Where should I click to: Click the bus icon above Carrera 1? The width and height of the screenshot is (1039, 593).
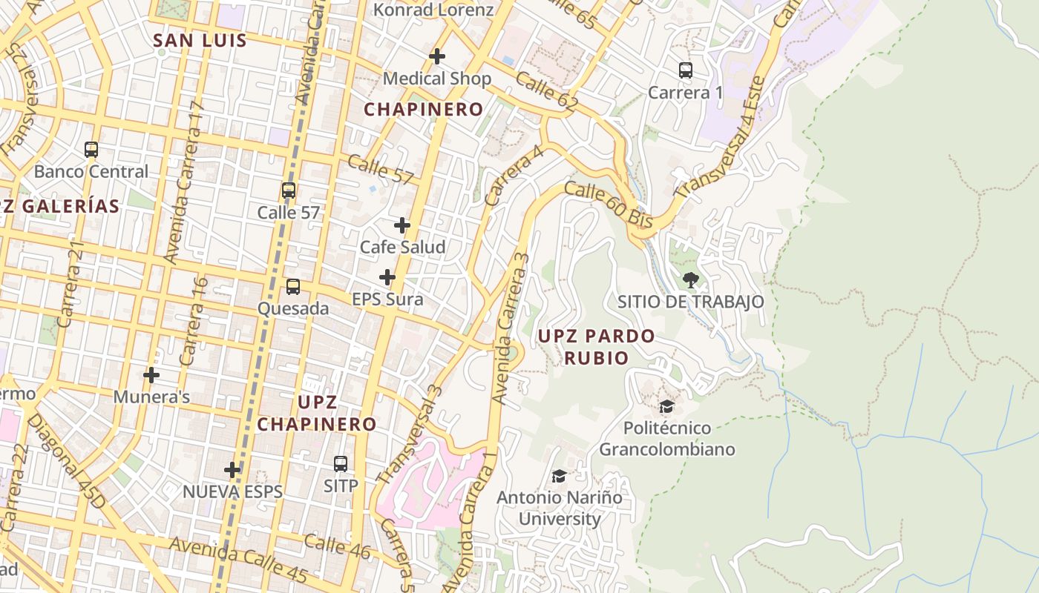(686, 70)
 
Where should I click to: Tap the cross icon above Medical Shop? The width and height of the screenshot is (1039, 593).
(437, 56)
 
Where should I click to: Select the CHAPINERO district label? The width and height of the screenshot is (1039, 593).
(423, 109)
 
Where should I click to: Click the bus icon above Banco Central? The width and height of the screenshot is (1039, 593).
(91, 150)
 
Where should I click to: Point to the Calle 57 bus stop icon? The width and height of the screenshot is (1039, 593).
(289, 191)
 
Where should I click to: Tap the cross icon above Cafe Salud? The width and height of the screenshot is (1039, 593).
(402, 225)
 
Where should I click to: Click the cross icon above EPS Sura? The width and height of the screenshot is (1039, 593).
(387, 277)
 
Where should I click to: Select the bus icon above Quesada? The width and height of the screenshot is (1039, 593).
(293, 286)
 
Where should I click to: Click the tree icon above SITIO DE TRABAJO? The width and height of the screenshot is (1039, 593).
(690, 279)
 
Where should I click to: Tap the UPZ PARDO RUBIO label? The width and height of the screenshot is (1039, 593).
(596, 347)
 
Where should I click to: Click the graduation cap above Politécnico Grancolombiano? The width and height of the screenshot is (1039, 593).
(666, 406)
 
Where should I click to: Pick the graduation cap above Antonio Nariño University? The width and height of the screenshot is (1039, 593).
(559, 476)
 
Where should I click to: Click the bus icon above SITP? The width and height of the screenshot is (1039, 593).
(341, 464)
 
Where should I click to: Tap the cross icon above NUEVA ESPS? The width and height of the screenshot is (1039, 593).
(232, 469)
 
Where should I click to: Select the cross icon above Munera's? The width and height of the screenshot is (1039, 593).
(151, 375)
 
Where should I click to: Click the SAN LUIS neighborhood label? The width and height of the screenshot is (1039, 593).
(199, 41)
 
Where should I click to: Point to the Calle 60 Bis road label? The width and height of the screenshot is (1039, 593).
(608, 205)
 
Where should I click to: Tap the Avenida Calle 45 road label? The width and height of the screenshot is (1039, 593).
(237, 560)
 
